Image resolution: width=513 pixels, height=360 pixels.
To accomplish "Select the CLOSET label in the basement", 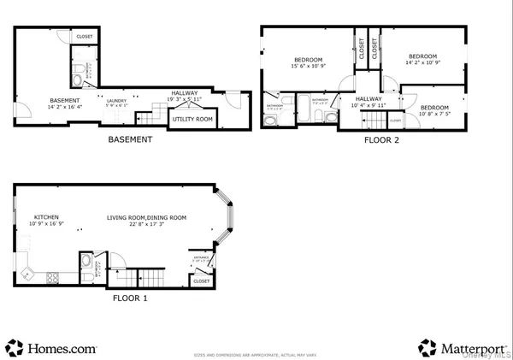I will pos(85,37).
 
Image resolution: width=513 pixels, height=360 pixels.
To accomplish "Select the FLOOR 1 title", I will pos(131,299).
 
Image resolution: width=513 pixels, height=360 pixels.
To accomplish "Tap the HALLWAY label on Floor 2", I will pos(369,98).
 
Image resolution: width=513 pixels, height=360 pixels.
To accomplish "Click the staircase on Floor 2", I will pos(359,121).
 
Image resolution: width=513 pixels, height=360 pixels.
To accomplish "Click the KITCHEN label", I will pos(45,218).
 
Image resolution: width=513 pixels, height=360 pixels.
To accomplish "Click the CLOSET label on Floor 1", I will pos(202,280).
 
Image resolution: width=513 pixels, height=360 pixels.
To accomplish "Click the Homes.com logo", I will pos(51,348).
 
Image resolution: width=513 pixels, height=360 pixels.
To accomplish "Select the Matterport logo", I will pos(462,348).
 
